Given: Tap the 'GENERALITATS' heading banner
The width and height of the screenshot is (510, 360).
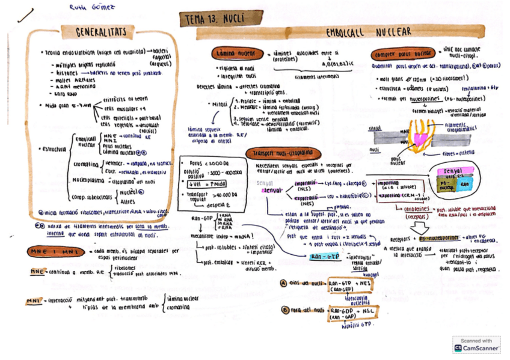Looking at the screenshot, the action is click(101, 31).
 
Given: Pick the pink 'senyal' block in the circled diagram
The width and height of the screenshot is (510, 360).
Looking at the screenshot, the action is click(456, 171).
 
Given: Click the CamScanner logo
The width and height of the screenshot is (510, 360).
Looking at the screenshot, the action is click(459, 347).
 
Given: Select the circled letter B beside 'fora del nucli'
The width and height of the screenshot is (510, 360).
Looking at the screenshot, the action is click(284, 310).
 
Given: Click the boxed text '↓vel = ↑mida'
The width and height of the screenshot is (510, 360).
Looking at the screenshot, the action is click(204, 184).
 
